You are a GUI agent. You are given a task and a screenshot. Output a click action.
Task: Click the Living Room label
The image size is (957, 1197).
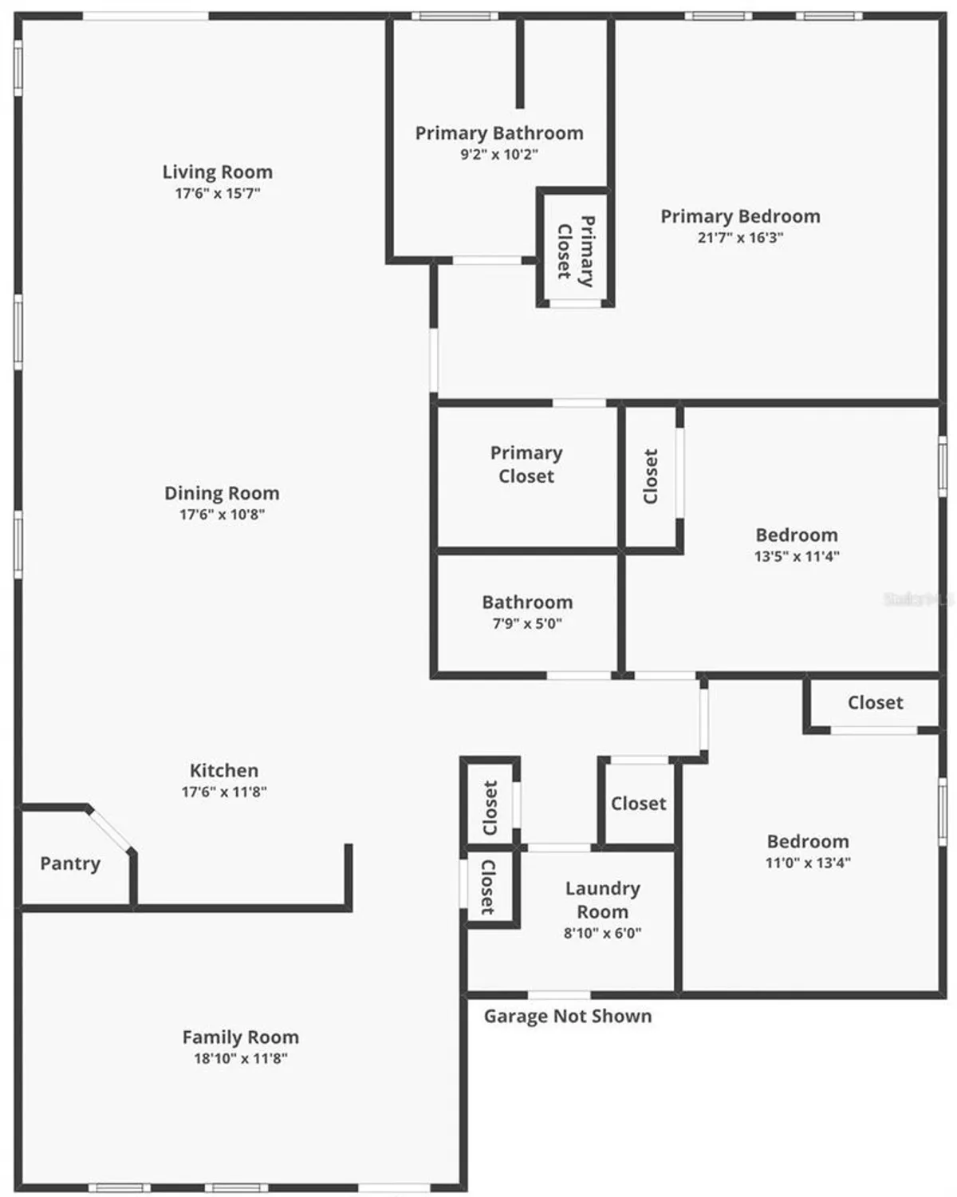(x=217, y=172)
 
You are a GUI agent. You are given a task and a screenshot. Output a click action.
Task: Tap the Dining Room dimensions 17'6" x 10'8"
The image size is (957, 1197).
(x=222, y=515)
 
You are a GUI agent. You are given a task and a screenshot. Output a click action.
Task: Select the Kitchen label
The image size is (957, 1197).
(x=223, y=771)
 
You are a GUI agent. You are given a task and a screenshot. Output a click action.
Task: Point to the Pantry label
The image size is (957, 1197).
(x=70, y=863)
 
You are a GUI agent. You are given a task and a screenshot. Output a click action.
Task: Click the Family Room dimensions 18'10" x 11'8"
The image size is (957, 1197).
(x=240, y=1059)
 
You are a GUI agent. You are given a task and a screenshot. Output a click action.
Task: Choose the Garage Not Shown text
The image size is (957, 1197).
(x=567, y=1016)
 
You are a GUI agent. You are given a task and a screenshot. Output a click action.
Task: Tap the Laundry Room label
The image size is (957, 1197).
(x=602, y=899)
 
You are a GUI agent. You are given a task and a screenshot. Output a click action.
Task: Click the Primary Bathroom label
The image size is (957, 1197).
(x=499, y=133)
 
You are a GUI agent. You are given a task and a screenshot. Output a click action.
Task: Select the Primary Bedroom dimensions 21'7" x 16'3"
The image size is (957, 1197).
(x=740, y=238)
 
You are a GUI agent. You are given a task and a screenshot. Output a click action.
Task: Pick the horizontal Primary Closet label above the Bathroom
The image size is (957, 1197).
(x=526, y=464)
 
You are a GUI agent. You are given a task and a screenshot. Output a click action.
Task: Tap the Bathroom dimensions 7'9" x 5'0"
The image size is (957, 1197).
(x=526, y=624)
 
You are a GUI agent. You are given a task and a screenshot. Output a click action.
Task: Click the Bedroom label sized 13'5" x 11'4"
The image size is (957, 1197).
(x=796, y=535)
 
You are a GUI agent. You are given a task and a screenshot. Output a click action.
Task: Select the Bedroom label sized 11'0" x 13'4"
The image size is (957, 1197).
(x=807, y=842)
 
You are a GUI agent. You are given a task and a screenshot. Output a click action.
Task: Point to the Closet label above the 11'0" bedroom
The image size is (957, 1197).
(x=875, y=703)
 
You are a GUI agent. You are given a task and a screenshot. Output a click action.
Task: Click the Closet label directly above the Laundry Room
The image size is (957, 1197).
(x=638, y=804)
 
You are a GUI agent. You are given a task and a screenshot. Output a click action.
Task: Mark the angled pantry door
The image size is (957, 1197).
(x=110, y=830)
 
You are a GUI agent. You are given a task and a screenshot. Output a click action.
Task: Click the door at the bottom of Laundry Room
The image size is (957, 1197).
(x=559, y=994)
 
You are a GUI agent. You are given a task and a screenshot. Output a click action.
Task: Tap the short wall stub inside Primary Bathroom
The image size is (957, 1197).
(x=520, y=64)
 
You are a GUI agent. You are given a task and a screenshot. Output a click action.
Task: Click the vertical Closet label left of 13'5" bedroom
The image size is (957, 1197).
(x=651, y=476)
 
